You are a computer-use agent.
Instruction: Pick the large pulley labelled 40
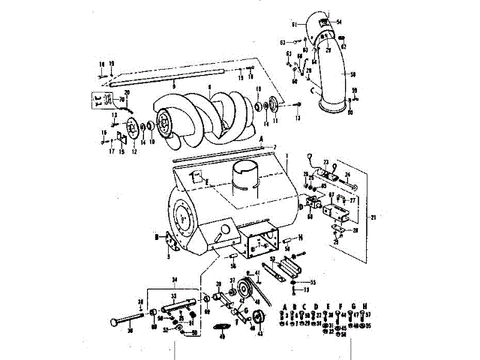pos(245,291)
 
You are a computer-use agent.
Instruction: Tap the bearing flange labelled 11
pos(273,106)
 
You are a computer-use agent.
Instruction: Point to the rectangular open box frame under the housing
pos(259,244)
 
